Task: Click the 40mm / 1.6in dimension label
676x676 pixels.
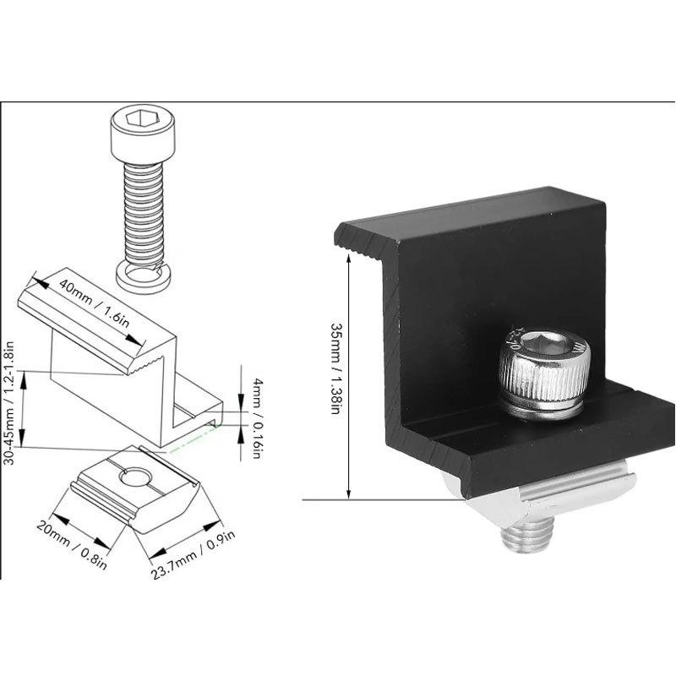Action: coord(94,303)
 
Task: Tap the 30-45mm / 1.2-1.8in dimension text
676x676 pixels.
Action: coord(9,403)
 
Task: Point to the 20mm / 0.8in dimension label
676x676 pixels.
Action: coord(72,544)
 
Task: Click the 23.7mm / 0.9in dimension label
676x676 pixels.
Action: coord(194,555)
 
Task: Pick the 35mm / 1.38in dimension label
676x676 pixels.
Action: coord(335,368)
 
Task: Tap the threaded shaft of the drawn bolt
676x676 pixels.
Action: coord(143,214)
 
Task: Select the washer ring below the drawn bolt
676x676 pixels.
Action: coord(143,279)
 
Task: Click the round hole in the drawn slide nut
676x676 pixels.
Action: coord(136,477)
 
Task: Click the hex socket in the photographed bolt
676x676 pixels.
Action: coord(544,343)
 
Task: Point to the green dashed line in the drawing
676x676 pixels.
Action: coord(195,439)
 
